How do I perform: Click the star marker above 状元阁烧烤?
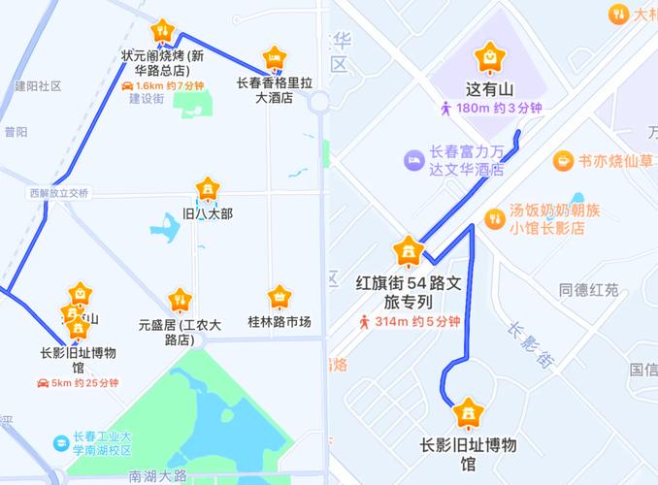point(164,31)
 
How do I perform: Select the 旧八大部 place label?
point(207,212)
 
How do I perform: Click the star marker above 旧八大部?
point(207,188)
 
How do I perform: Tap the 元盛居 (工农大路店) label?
point(180,331)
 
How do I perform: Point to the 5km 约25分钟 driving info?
point(78,383)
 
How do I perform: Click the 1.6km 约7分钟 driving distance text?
point(163,85)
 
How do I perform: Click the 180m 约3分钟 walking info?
point(491,109)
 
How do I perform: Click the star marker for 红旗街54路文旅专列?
point(406,252)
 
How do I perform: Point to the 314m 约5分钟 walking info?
point(408,321)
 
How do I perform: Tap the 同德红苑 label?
point(589,290)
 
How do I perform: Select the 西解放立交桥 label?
point(58,193)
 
